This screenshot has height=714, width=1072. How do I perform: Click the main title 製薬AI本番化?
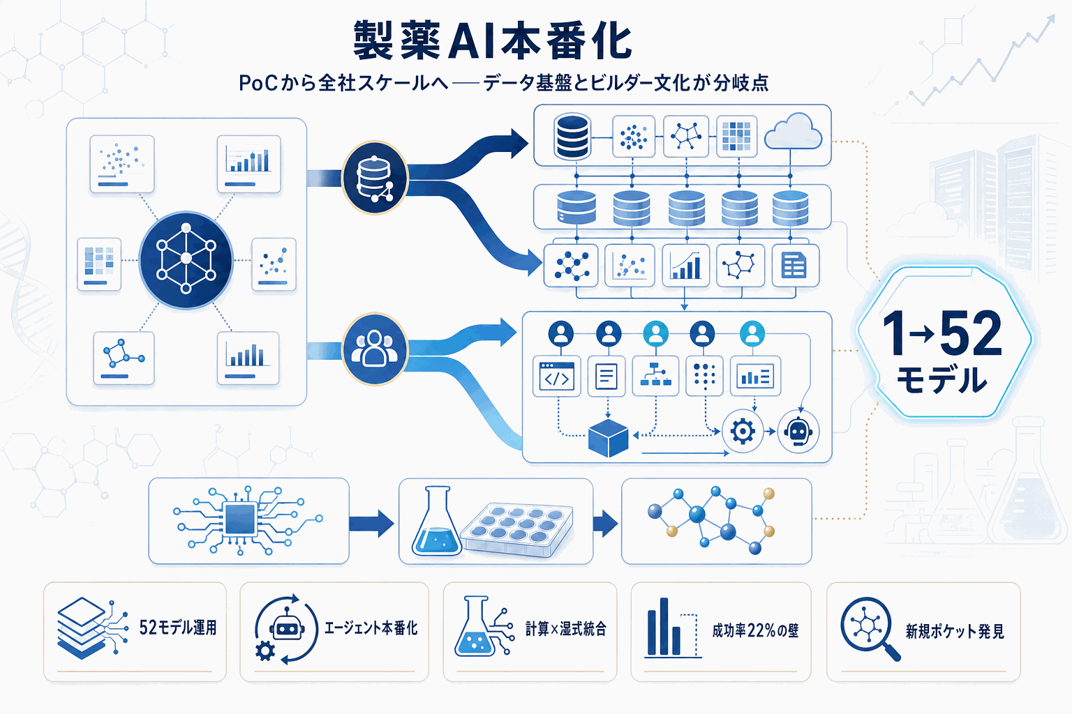point(492,40)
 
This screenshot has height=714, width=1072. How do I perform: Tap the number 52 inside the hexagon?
point(971,334)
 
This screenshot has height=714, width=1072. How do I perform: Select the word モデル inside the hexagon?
point(941,380)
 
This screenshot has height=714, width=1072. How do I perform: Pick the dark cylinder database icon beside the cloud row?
point(572,137)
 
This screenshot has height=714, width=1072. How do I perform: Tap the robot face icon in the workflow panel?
point(798,432)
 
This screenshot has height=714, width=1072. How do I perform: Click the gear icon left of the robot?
point(742,432)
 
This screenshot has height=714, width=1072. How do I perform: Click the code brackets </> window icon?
point(556,377)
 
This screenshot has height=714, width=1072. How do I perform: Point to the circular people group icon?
point(375,349)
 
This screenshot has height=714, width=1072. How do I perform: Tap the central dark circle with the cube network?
point(186,259)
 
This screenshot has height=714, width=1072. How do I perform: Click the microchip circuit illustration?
point(241,519)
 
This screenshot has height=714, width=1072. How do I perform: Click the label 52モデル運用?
point(178,628)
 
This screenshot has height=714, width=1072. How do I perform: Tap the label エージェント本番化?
point(371,628)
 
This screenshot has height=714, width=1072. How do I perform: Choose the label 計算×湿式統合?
point(566,629)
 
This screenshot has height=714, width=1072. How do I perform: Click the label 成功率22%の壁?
point(755,630)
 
